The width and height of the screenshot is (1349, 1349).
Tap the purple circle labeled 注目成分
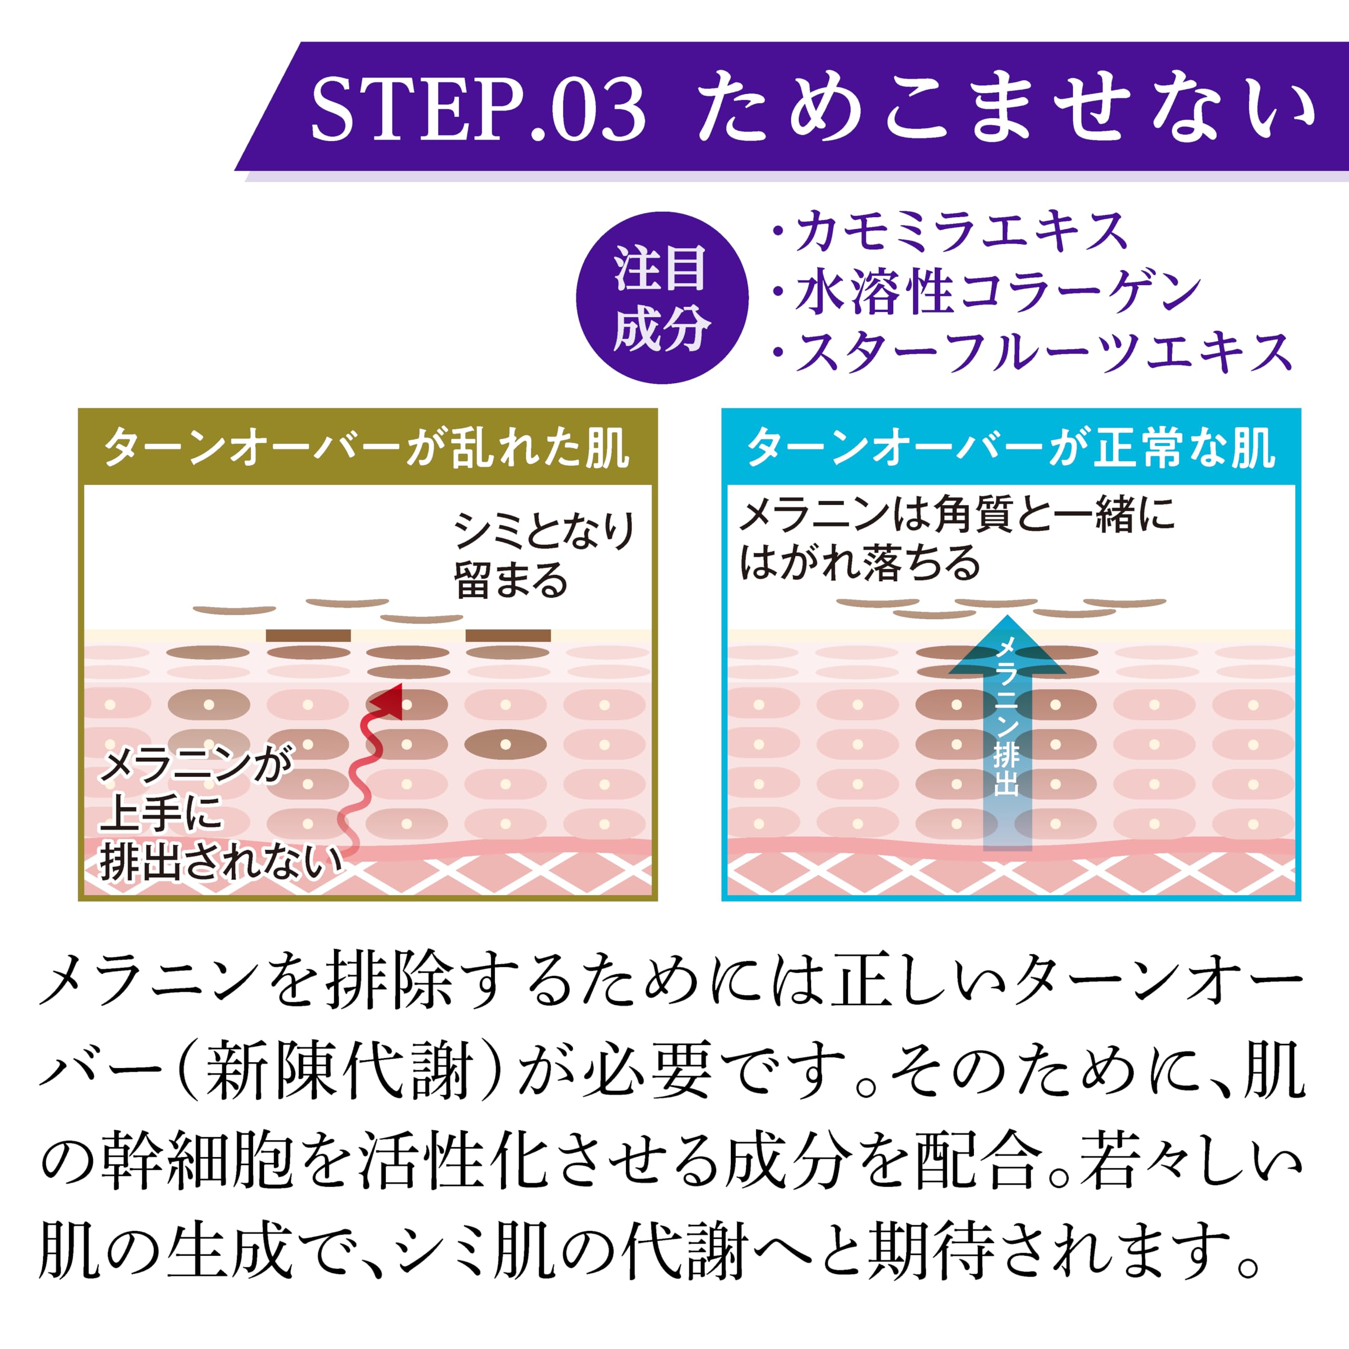pyautogui.click(x=661, y=298)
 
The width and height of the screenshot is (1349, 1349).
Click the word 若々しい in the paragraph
pyautogui.click(x=1190, y=1161)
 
